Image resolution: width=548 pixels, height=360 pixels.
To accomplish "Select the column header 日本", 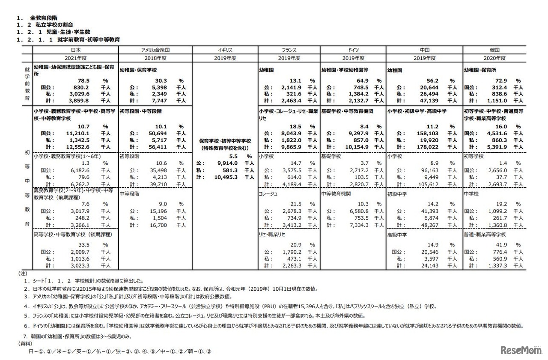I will coord(75,50).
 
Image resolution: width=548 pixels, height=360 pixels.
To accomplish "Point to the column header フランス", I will coord(289,50).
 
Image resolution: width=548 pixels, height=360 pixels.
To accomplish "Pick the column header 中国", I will coord(424,50).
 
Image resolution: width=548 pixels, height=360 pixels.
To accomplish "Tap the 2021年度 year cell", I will coord(75,58).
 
